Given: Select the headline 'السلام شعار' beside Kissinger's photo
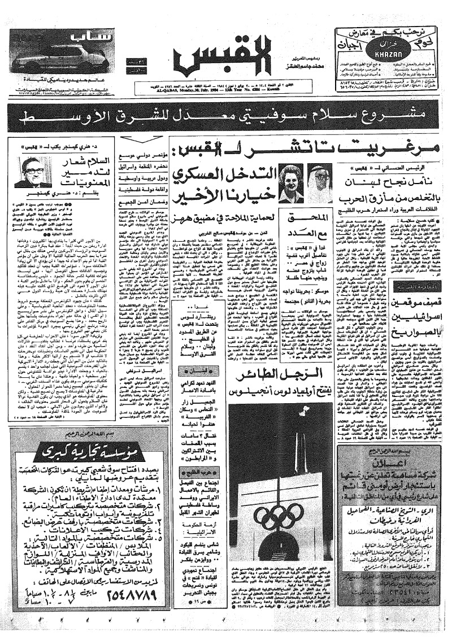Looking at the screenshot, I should (x=76, y=164).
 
